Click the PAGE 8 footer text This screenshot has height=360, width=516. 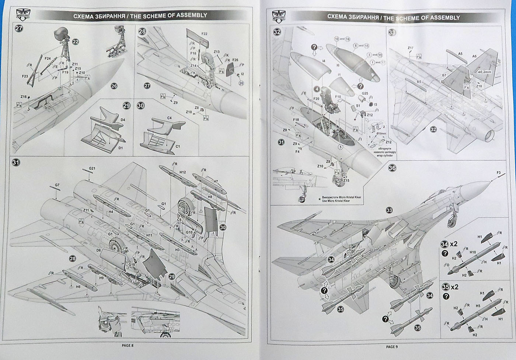(128, 346)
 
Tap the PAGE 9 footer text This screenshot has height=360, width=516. (392, 346)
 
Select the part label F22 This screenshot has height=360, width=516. (205, 34)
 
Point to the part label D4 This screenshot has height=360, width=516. (123, 120)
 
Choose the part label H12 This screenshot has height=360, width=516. (182, 172)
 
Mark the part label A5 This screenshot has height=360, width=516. (460, 54)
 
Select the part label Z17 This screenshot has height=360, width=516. (411, 48)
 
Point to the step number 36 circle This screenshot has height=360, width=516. (392, 168)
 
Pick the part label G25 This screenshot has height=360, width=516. (365, 94)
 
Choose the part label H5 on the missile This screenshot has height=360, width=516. (477, 305)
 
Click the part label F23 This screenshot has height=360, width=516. (25, 76)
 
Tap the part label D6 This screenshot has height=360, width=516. (98, 250)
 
